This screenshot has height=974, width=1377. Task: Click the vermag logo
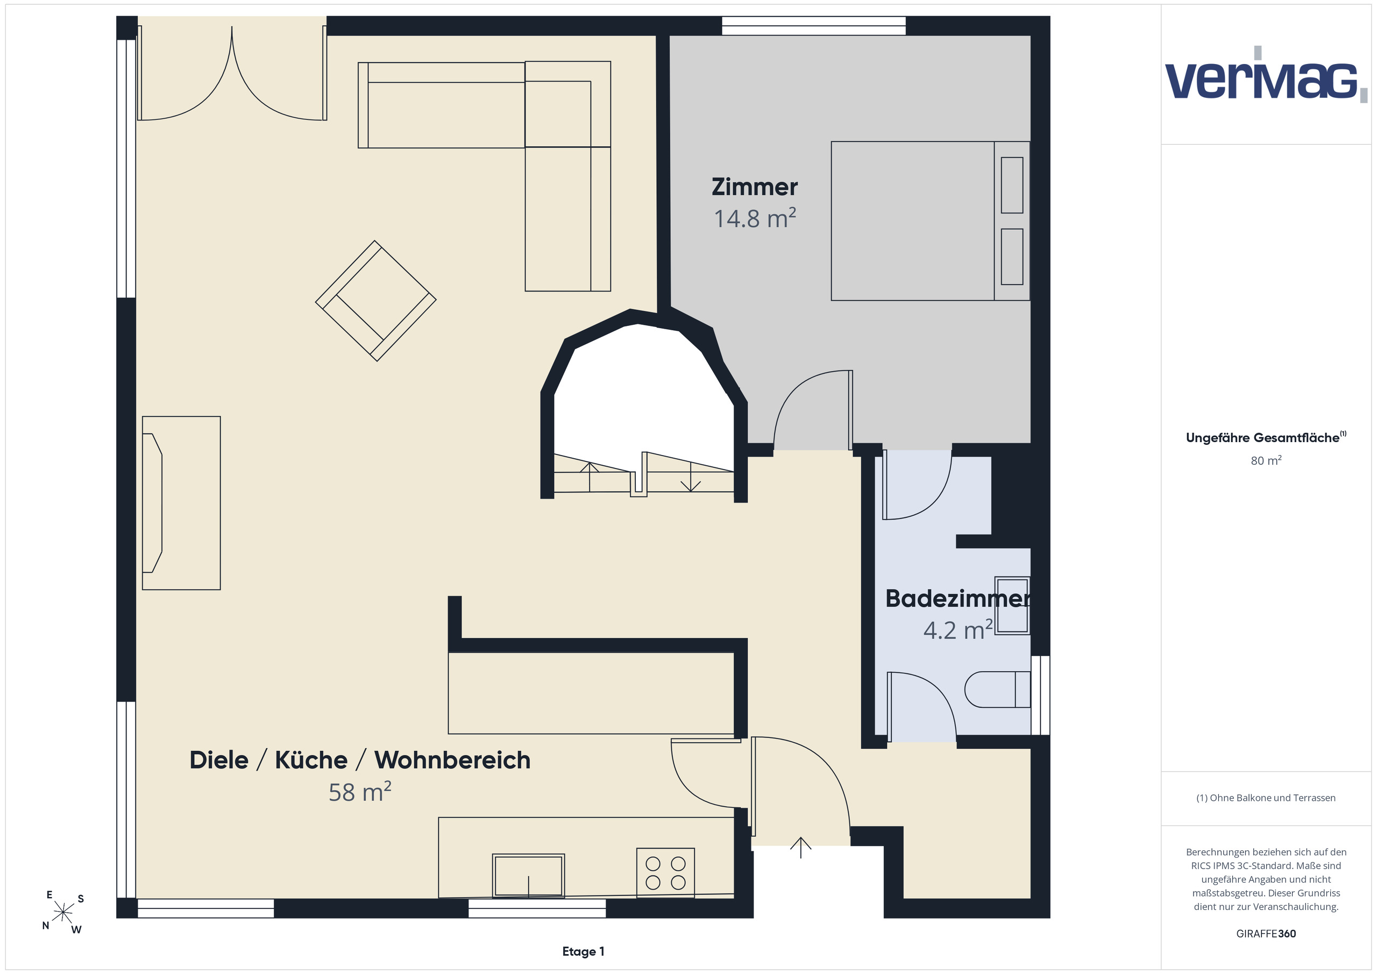[x=1266, y=75]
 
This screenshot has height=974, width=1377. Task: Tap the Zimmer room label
[x=755, y=187]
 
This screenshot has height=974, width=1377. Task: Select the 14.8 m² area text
[x=755, y=218]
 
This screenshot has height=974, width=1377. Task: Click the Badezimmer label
[x=958, y=599]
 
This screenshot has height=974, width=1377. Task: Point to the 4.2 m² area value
[x=958, y=630]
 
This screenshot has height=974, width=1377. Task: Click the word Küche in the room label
[x=311, y=760]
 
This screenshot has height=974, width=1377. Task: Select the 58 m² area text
[x=360, y=792]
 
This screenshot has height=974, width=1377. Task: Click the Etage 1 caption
[x=583, y=952]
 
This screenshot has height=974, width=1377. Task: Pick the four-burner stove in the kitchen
[x=665, y=873]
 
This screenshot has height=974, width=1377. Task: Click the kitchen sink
[x=528, y=876]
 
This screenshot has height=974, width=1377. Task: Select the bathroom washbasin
[x=1012, y=605]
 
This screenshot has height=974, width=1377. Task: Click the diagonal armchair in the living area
[x=375, y=301]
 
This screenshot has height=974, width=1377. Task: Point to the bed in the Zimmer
[x=930, y=221]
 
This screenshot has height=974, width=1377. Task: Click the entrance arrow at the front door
[x=801, y=848]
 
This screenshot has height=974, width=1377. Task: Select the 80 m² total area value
[x=1266, y=460]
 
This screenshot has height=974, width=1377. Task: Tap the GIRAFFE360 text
[x=1266, y=934]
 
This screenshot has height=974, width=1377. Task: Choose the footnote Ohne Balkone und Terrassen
[x=1266, y=798]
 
